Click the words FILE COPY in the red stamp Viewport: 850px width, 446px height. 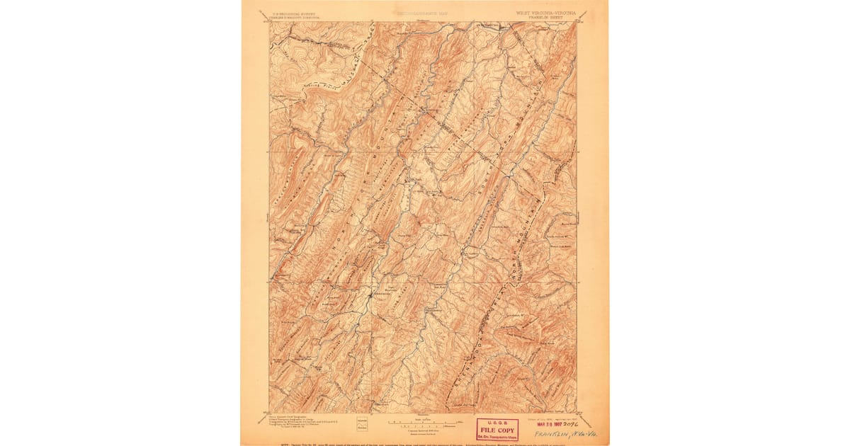(x=497, y=429)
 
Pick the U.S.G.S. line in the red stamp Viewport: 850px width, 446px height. (x=497, y=423)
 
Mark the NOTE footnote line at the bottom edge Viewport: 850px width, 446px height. (x=425, y=443)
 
